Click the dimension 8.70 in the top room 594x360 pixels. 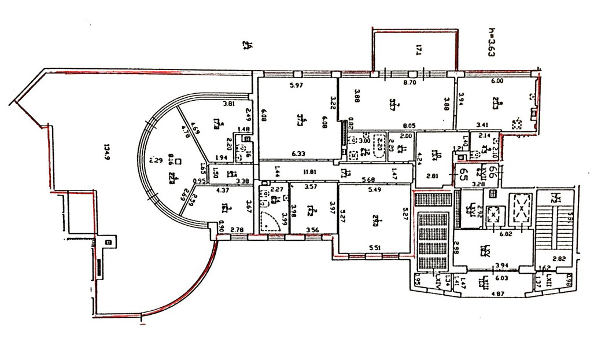point(409,83)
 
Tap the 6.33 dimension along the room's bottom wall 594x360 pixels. point(298,153)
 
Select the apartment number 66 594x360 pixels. point(492,171)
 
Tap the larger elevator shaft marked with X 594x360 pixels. point(521,207)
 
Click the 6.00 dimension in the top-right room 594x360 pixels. point(496,82)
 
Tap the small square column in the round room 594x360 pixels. point(179,162)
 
